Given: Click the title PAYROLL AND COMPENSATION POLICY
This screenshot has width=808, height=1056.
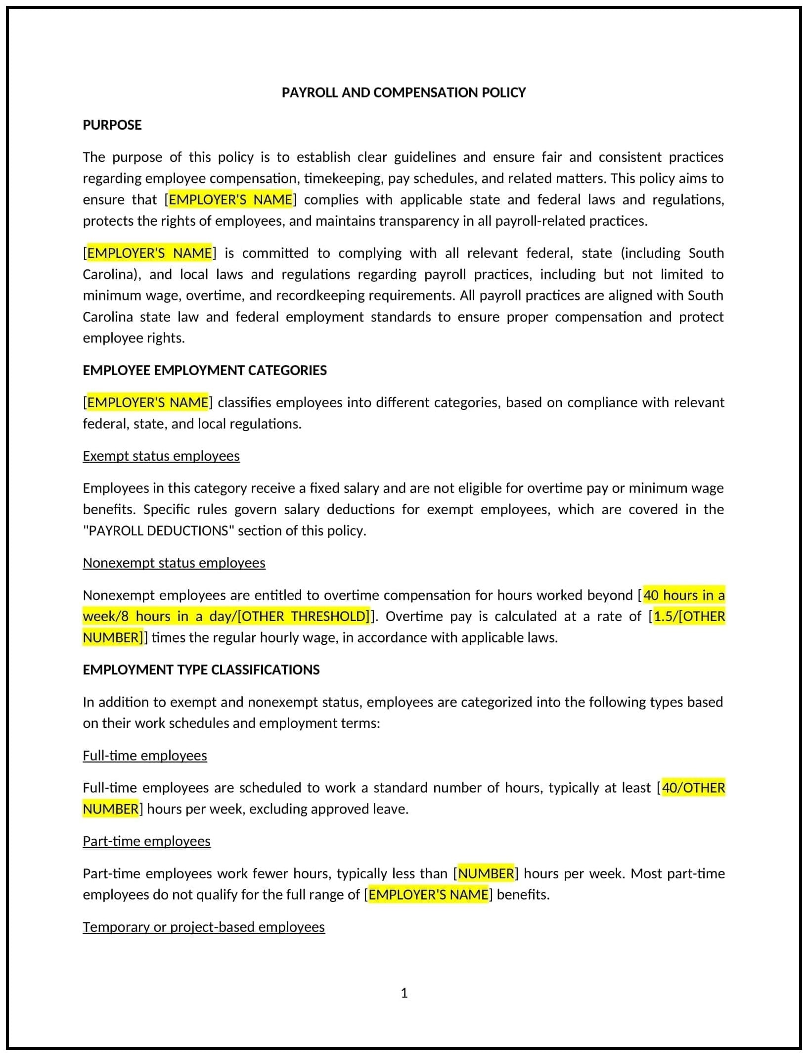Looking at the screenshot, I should (404, 93).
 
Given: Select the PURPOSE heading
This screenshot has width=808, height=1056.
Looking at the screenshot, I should (112, 125).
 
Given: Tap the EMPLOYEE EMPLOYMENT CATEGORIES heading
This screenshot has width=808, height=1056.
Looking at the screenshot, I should (204, 370).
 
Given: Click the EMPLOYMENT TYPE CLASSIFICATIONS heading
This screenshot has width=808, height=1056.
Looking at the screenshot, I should (201, 670).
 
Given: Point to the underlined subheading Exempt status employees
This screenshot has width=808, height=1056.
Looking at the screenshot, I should (161, 456).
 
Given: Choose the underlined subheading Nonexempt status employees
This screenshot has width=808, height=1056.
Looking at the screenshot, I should (174, 563).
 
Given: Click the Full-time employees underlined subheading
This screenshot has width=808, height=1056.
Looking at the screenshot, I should (144, 756).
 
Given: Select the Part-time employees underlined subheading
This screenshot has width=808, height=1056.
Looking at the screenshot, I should (146, 841).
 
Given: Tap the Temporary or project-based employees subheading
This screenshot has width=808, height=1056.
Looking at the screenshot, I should (203, 927).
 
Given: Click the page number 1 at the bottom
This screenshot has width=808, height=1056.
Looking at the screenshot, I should (404, 993).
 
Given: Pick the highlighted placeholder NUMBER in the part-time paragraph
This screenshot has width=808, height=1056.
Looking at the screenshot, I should (486, 873).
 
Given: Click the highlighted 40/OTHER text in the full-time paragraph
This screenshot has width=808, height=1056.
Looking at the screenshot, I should (693, 788).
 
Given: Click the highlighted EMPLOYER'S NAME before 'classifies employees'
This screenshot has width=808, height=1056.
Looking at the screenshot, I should (147, 402).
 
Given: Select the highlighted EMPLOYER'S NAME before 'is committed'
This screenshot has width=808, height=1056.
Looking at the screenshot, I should (149, 253).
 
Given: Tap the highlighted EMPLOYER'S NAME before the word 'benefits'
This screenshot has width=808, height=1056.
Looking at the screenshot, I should (428, 895).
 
